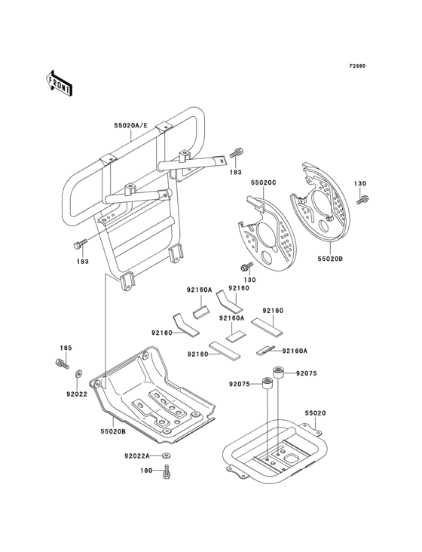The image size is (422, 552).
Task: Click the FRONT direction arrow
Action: pyautogui.click(x=59, y=83)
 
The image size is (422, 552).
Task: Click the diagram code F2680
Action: pyautogui.click(x=357, y=66)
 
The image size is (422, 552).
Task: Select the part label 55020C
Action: pyautogui.click(x=264, y=182)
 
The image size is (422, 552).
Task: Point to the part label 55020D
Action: pyautogui.click(x=330, y=259)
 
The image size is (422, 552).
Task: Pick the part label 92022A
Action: pyautogui.click(x=137, y=456)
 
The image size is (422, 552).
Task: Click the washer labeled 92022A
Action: pyautogui.click(x=166, y=456)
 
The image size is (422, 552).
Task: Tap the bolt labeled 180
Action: pyautogui.click(x=167, y=471)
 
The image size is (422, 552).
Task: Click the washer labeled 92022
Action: pyautogui.click(x=78, y=373)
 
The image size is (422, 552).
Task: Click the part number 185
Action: pyautogui.click(x=66, y=348)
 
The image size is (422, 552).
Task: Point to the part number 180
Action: pyautogui.click(x=146, y=471)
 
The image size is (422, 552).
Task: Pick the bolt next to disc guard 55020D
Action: pyautogui.click(x=362, y=199)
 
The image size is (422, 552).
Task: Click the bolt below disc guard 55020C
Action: pyautogui.click(x=247, y=267)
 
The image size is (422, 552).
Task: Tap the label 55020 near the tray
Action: pyautogui.click(x=315, y=413)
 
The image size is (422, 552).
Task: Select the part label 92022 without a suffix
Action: pyautogui.click(x=77, y=394)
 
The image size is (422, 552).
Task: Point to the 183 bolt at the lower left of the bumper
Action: pyautogui.click(x=81, y=244)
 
